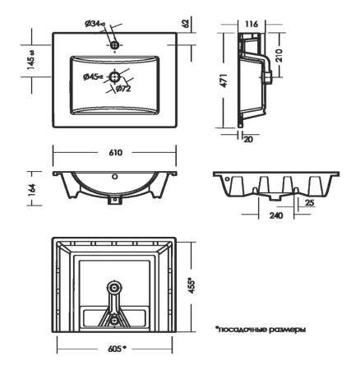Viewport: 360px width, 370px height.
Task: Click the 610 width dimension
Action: point(115,153)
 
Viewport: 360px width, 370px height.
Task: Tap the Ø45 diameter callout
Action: point(93,76)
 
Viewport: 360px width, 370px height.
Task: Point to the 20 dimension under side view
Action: point(247,140)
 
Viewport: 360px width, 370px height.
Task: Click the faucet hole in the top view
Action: point(115,44)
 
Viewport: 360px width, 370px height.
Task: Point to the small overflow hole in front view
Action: point(114,176)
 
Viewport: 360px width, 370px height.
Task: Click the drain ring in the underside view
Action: point(115,287)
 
